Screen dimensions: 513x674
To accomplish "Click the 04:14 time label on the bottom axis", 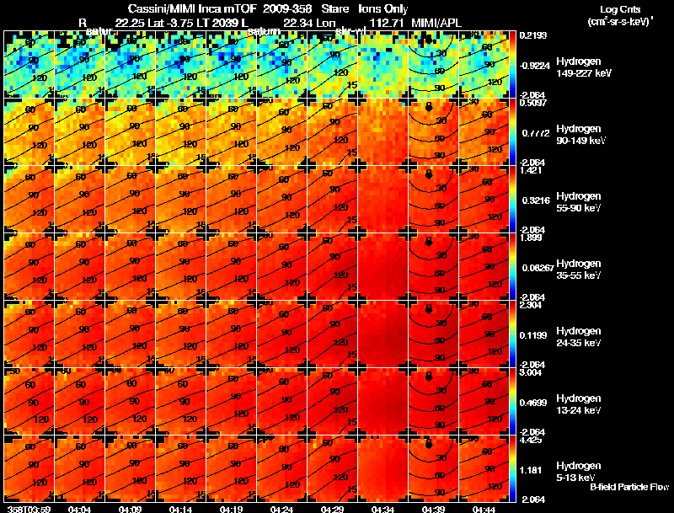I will tap(180, 509).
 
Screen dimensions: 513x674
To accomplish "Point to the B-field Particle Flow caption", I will tap(629, 487).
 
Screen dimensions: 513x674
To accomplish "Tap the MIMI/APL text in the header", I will tap(437, 23).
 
